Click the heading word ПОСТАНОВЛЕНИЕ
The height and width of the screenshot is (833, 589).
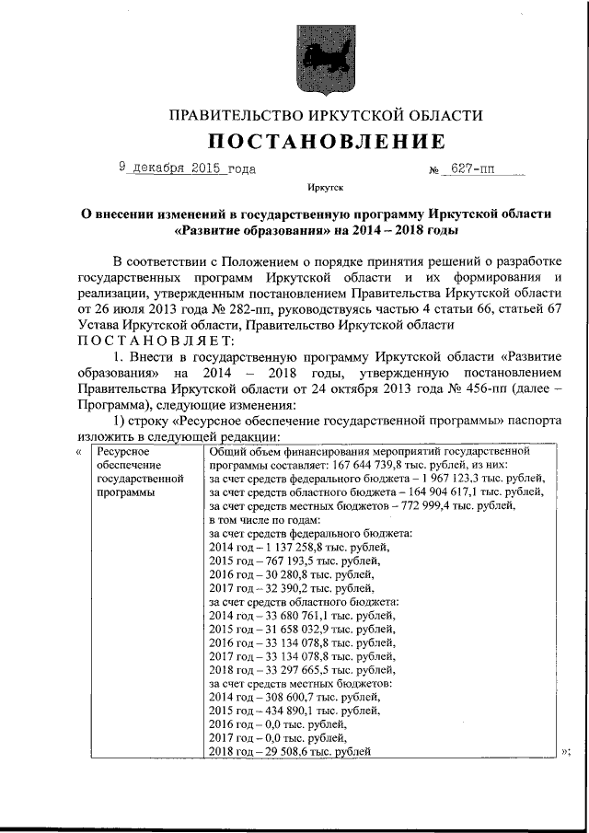(326, 141)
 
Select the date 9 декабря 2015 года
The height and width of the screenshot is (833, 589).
(187, 168)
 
